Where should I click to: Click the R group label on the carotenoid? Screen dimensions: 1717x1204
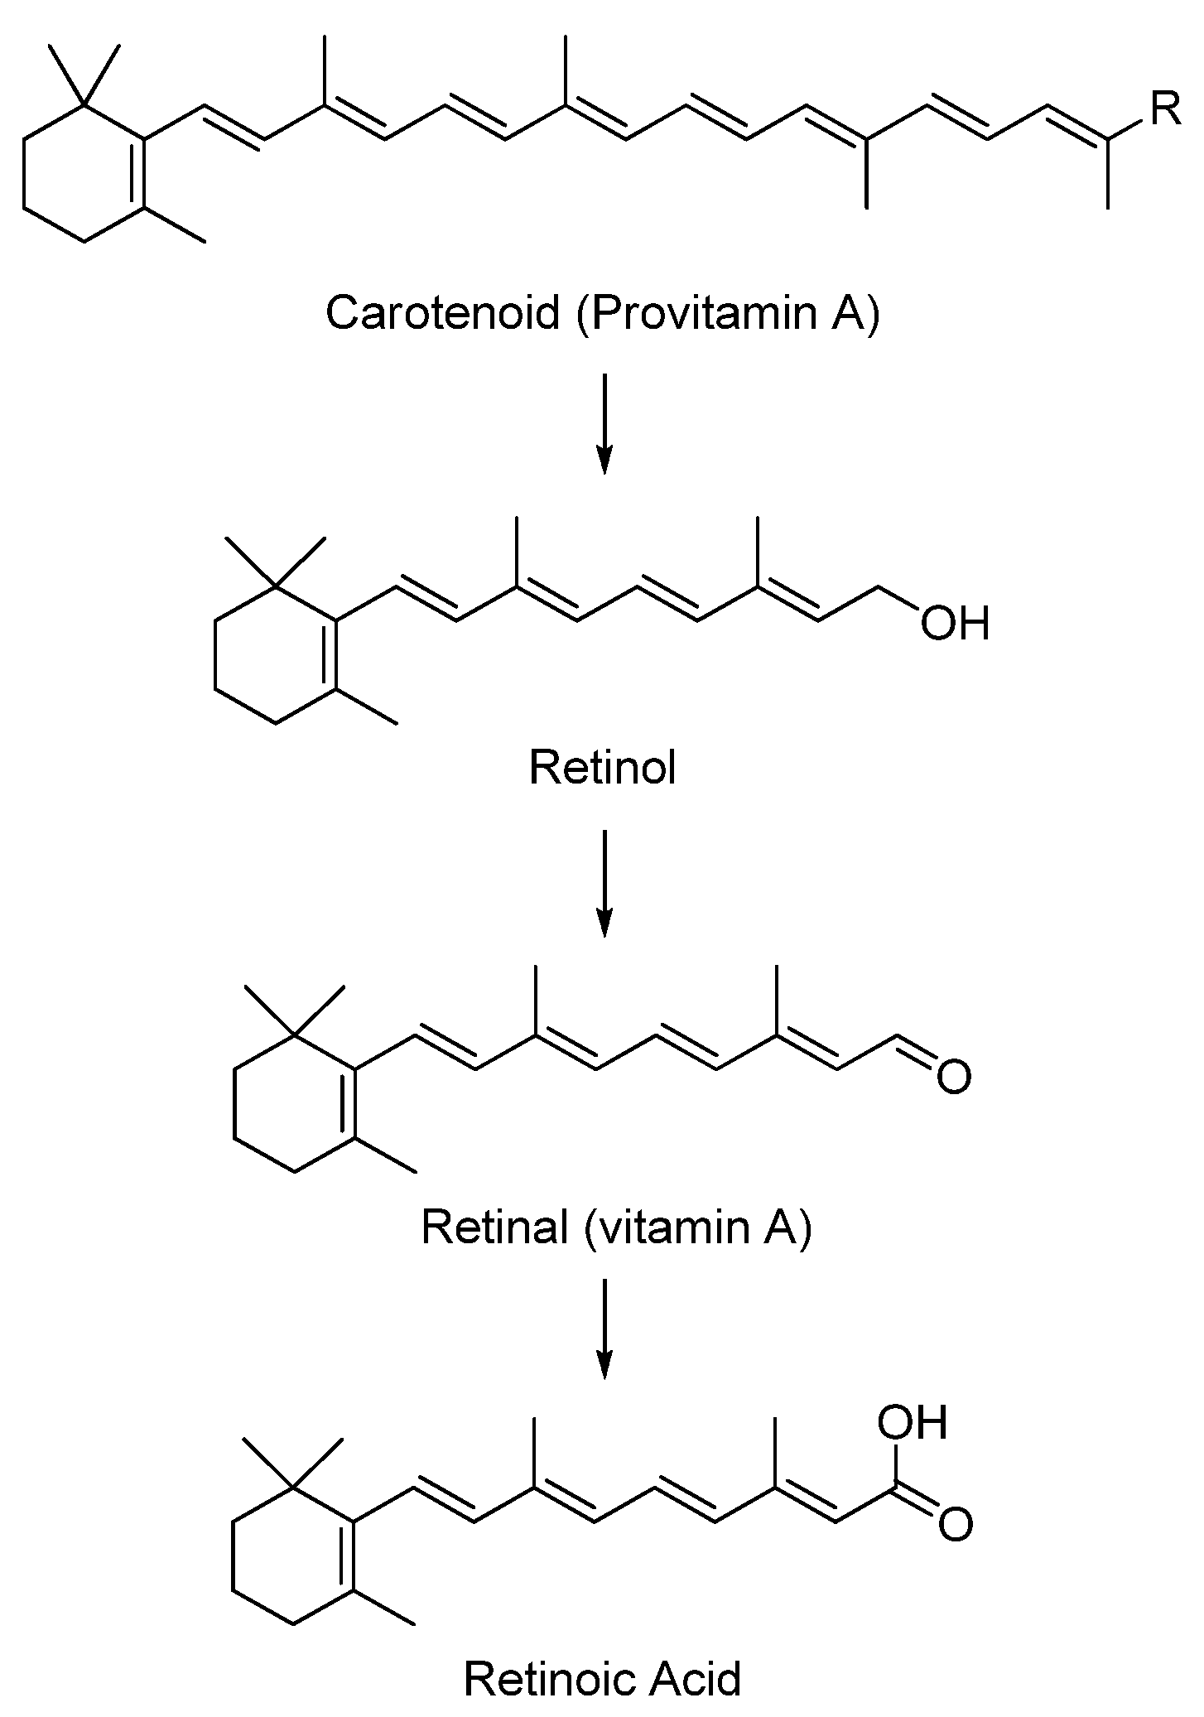[1165, 110]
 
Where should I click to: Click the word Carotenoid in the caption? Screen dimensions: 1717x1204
[443, 312]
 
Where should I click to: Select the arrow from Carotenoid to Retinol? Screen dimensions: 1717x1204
[604, 423]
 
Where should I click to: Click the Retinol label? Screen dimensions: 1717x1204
[602, 768]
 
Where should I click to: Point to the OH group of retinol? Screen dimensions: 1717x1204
[955, 623]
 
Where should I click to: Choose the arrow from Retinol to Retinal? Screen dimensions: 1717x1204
[604, 883]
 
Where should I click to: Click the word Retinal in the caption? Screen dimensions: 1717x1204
[495, 1226]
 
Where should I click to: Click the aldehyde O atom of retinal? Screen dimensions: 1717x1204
[953, 1077]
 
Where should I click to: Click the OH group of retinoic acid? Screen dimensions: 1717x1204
[913, 1422]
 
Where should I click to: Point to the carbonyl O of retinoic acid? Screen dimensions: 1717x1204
[955, 1526]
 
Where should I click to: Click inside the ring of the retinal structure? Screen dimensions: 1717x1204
[296, 1103]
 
